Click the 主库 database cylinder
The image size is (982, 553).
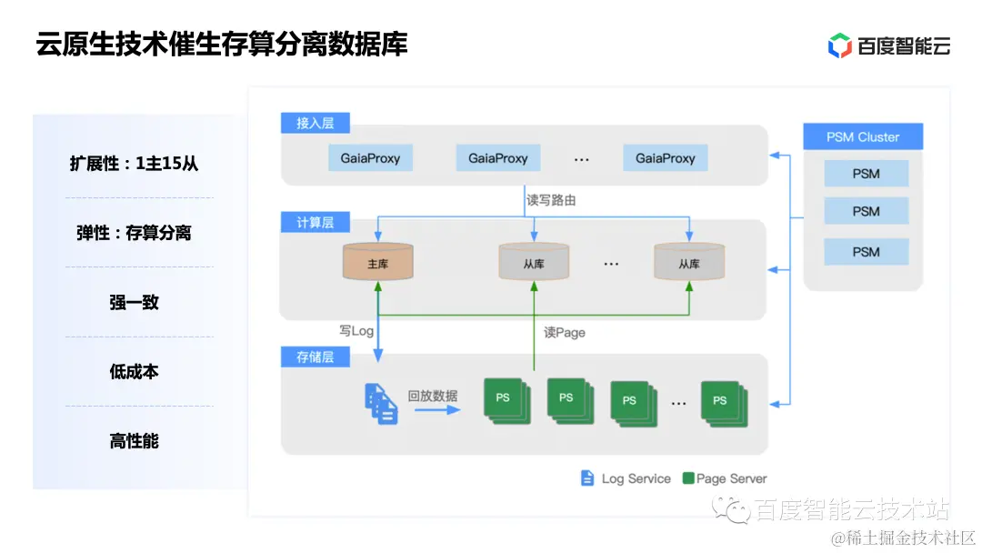378,262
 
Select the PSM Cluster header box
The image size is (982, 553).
863,137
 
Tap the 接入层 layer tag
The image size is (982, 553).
315,123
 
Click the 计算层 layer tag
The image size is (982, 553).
315,223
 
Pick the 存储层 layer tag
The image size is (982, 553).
315,357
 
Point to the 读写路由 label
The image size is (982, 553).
551,200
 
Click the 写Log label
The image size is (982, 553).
356,331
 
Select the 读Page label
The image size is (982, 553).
564,333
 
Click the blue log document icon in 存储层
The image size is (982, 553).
382,403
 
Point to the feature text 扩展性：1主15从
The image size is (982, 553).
134,164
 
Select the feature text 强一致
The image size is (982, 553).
134,302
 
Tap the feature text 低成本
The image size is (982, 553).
134,371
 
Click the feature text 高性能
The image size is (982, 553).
134,441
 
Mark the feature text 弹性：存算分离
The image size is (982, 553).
134,233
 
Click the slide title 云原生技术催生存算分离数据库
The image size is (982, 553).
222,43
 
